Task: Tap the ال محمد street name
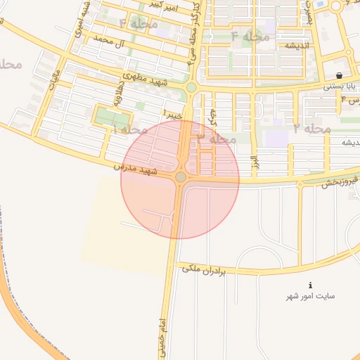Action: [x=99, y=43]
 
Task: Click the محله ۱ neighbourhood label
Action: [x=130, y=129]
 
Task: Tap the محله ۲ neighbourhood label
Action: [x=312, y=129]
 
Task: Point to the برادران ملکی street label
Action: [x=203, y=269]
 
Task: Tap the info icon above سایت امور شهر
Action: [x=311, y=285]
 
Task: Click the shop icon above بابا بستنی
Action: [x=339, y=75]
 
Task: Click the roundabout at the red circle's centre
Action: [x=181, y=177]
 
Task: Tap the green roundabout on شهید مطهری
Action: [x=191, y=87]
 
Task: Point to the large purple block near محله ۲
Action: [x=277, y=136]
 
